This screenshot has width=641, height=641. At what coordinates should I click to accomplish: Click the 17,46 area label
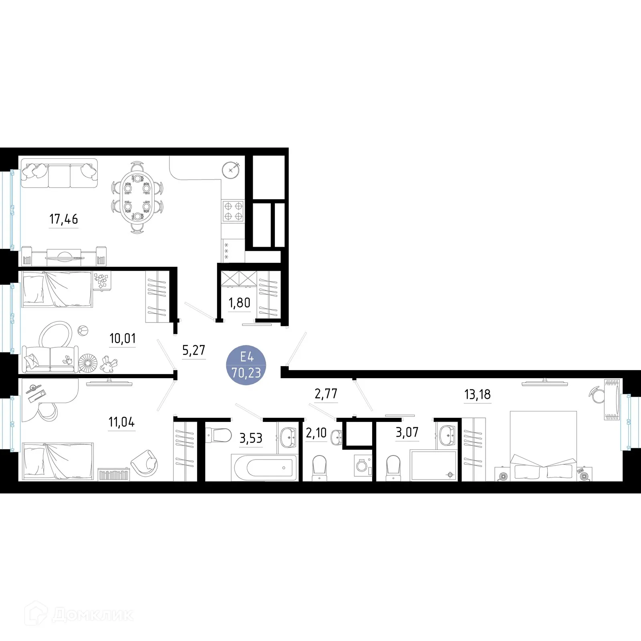tap(63, 219)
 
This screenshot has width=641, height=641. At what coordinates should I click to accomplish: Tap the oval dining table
tap(137, 197)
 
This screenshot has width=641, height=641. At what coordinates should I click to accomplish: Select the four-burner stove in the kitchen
tap(233, 211)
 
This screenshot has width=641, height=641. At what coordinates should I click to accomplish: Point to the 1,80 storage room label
tap(239, 303)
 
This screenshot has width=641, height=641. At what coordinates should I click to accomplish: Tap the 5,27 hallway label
tap(194, 350)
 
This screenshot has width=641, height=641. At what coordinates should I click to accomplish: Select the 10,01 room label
tap(122, 339)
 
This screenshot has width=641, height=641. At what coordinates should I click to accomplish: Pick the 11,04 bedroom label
tap(121, 422)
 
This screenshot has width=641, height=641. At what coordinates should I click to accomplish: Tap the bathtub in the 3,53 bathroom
tap(264, 468)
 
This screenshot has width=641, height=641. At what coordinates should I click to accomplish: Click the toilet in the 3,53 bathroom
tap(218, 435)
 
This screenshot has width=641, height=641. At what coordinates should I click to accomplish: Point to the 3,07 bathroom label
tap(407, 432)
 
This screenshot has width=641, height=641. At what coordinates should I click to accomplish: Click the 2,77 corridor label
tap(326, 394)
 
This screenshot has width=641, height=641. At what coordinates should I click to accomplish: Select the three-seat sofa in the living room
tap(59, 173)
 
